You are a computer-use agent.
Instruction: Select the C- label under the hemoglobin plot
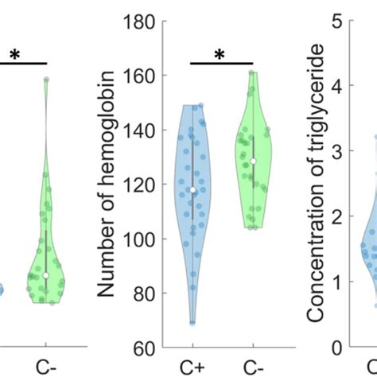(252, 368)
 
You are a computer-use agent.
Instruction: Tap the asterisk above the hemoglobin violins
(221, 54)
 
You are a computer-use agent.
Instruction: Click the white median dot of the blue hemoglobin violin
(192, 190)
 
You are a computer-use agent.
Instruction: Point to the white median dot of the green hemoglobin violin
(253, 161)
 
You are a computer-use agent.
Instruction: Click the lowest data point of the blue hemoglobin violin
(192, 322)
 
